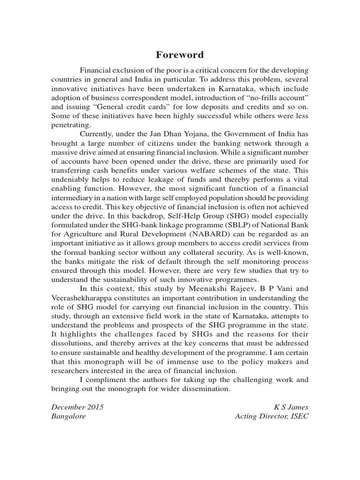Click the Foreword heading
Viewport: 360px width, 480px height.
180,55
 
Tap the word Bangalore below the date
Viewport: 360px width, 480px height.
69,416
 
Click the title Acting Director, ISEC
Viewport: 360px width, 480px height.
272,416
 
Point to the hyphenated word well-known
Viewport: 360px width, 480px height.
289,254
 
